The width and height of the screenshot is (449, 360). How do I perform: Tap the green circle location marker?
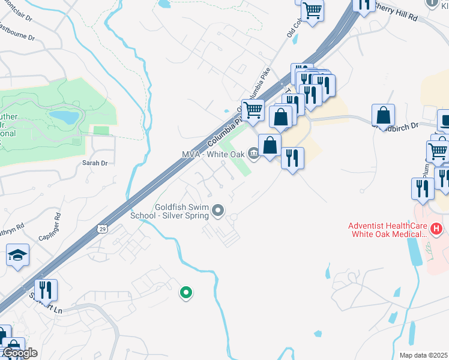[186, 293]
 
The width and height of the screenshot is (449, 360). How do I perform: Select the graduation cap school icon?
[17, 256]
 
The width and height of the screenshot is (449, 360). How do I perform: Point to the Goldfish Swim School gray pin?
[218, 211]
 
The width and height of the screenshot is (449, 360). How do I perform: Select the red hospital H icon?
[437, 229]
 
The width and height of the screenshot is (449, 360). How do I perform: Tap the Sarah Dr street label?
[95, 163]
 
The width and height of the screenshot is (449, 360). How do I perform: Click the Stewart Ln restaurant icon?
[46, 290]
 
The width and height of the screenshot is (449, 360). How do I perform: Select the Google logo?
[20, 353]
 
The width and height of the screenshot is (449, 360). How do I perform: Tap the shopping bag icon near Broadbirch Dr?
[383, 115]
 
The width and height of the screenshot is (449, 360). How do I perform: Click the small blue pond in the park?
[64, 116]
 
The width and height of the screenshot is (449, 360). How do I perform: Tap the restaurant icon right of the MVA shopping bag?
[292, 158]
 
